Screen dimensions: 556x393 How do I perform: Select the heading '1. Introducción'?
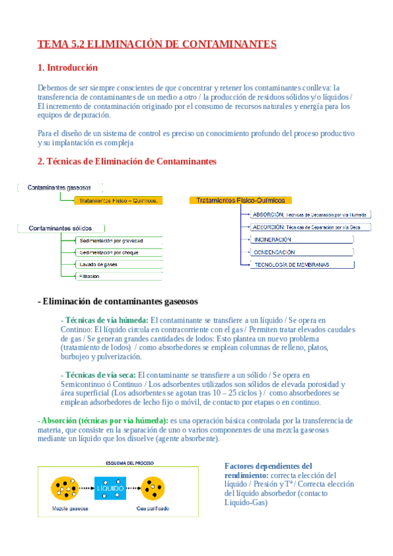coord(68,68)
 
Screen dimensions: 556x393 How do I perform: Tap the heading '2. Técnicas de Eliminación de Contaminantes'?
coord(127,161)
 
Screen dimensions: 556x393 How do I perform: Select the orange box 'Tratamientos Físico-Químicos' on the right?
coord(240,200)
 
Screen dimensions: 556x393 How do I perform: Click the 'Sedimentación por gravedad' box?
coord(110,241)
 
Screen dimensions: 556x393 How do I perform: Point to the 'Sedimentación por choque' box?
coord(108,252)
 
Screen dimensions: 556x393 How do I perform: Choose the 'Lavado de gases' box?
coord(98,264)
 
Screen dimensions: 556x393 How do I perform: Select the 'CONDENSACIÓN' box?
coord(274,252)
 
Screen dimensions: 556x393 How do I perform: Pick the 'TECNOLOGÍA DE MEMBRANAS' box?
coord(292,264)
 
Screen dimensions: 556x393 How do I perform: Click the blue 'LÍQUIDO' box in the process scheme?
coord(110,488)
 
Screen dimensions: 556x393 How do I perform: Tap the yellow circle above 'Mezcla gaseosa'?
coord(66,488)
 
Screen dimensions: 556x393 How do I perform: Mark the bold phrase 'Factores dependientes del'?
coord(268,466)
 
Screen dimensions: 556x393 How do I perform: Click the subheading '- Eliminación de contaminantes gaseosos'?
coord(118,301)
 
